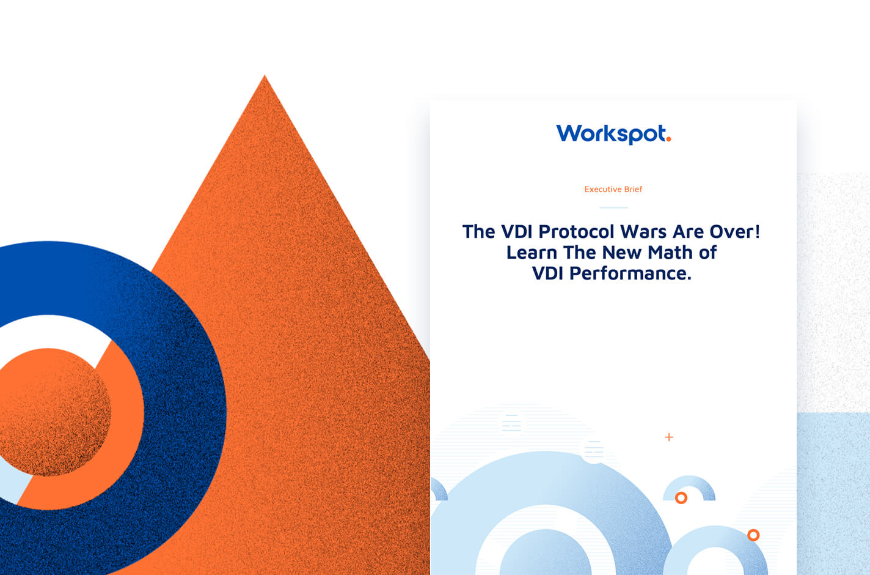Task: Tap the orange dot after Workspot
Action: pos(668,139)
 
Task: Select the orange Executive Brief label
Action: pos(613,190)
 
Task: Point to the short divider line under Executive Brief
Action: pos(613,207)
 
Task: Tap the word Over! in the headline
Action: pos(734,232)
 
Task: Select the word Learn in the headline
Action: pos(532,253)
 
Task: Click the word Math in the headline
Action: pos(670,253)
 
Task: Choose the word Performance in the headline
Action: pos(631,273)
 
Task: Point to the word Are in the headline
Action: pos(688,232)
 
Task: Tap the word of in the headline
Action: pos(708,253)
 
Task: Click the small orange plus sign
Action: pos(669,437)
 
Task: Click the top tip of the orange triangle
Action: pos(265,75)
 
